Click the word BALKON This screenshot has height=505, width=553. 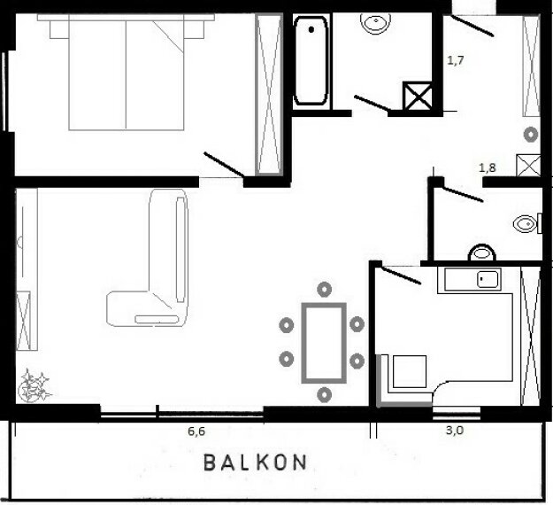pos(256,462)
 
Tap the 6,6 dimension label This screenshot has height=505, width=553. pos(196,431)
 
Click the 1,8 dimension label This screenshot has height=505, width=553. pos(488,167)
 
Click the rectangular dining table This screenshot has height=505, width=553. pos(323,342)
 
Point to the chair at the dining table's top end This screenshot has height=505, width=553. pos(323,290)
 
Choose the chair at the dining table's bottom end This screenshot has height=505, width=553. pos(324,393)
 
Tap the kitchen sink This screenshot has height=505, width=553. pos(486,280)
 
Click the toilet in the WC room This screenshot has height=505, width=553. pos(526,224)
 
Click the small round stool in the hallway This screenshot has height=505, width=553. pos(530,135)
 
